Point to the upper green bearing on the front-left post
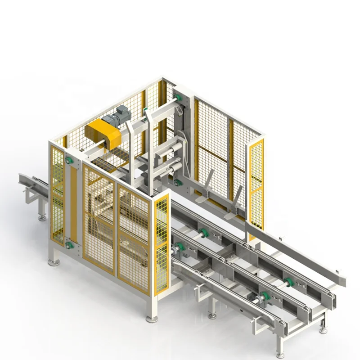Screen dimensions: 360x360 coord(69,161)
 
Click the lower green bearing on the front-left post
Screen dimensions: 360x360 coord(69,245)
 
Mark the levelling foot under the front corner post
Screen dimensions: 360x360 coord(152,318)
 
